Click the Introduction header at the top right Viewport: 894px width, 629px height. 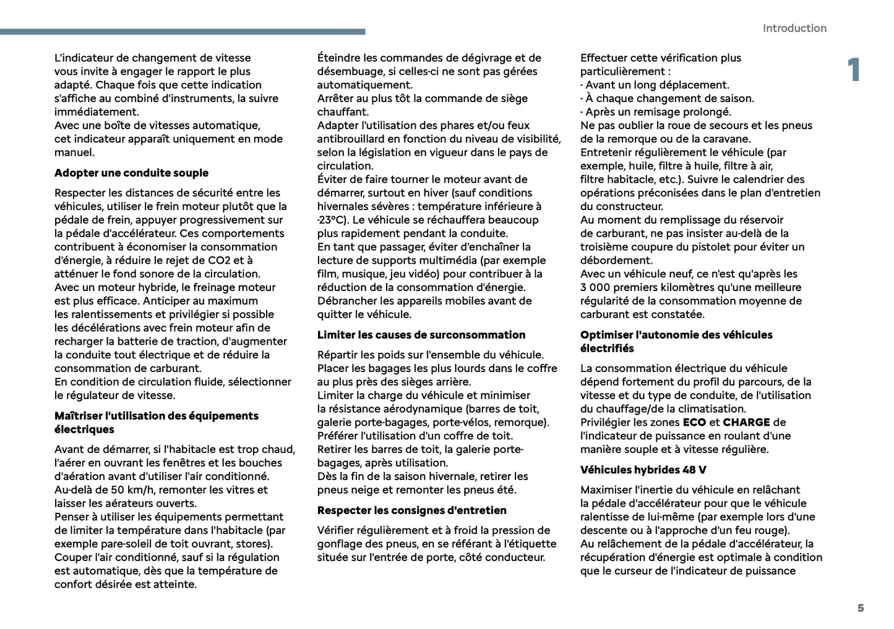(x=794, y=28)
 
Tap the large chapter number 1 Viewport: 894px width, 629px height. (x=854, y=70)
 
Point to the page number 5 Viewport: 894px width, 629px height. (x=860, y=608)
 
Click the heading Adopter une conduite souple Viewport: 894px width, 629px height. (x=131, y=173)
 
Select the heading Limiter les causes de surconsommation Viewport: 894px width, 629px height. (x=421, y=335)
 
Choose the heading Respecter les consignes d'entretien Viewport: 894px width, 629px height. (x=411, y=510)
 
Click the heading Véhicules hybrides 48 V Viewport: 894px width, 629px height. (x=643, y=470)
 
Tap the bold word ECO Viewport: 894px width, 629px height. (x=694, y=423)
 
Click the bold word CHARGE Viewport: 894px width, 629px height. (x=746, y=423)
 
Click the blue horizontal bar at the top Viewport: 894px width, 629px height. (x=183, y=32)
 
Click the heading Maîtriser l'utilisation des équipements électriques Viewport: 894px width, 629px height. (x=156, y=423)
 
